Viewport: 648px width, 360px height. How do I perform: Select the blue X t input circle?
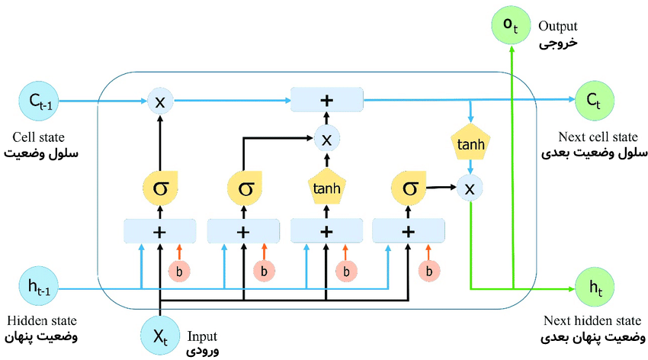click(159, 335)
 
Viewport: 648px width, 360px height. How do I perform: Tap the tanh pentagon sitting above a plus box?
click(326, 186)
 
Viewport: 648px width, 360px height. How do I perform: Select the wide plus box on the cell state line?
click(326, 100)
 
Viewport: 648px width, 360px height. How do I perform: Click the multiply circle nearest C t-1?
click(159, 101)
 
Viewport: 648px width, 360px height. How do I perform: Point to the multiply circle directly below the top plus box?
click(326, 139)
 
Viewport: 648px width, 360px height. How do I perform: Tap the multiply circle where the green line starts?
click(470, 186)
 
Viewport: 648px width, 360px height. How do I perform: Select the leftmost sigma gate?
click(159, 187)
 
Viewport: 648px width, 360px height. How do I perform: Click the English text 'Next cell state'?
click(598, 137)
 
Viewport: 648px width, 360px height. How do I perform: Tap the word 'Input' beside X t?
click(202, 336)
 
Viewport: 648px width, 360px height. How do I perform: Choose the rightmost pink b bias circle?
click(431, 270)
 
